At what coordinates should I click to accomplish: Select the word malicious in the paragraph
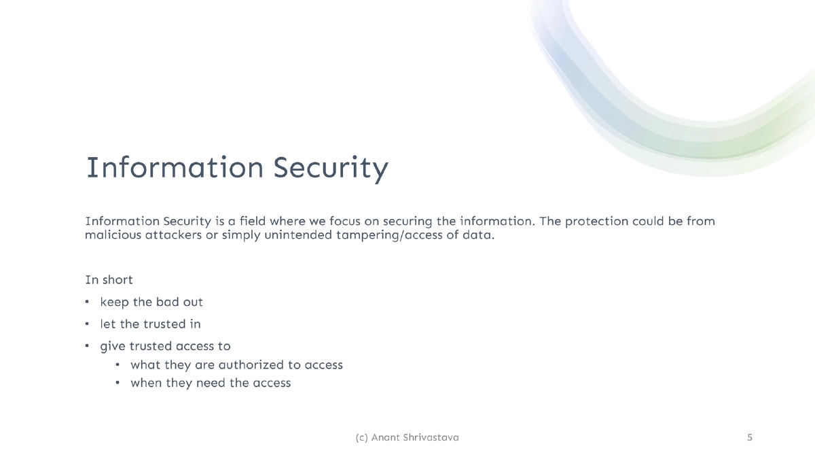(x=111, y=235)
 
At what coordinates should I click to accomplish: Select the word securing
(x=409, y=222)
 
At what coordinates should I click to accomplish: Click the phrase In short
(x=109, y=279)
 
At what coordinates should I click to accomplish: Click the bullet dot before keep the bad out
(x=87, y=302)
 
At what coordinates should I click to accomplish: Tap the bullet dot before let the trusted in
(x=87, y=324)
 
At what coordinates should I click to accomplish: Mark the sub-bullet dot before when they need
(x=117, y=383)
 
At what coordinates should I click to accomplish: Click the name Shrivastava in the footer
(x=433, y=438)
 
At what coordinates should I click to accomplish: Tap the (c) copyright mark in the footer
(x=361, y=438)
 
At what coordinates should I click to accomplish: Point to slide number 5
(x=750, y=437)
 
